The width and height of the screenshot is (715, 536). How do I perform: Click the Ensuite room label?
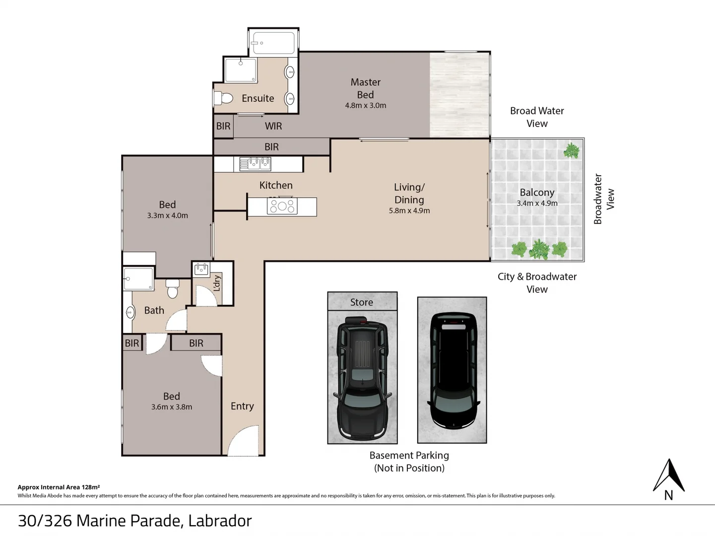[258, 98]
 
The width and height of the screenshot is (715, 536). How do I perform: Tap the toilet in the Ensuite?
[223, 98]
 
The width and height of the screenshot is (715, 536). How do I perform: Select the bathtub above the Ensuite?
[273, 43]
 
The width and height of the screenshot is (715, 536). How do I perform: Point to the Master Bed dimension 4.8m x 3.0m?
[366, 105]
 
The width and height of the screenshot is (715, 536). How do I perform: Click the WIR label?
[273, 126]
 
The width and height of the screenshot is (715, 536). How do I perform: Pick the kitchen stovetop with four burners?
[282, 206]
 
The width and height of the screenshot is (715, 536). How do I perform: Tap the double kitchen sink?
[255, 164]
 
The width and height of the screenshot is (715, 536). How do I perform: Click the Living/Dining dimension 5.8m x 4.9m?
[409, 210]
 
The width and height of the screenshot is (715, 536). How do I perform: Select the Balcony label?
[537, 192]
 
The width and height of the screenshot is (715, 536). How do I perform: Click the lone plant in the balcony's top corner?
[571, 150]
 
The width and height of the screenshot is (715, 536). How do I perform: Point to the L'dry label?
[217, 283]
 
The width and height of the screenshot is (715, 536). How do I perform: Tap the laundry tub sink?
[201, 269]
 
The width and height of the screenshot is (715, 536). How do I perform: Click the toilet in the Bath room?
[172, 288]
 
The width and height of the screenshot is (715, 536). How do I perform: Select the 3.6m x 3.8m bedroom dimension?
[171, 406]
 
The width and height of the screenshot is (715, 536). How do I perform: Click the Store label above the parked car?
[362, 302]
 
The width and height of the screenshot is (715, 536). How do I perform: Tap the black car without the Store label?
[453, 370]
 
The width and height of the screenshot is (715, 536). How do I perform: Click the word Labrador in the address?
[220, 520]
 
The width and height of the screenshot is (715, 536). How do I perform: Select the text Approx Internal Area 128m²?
[59, 487]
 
